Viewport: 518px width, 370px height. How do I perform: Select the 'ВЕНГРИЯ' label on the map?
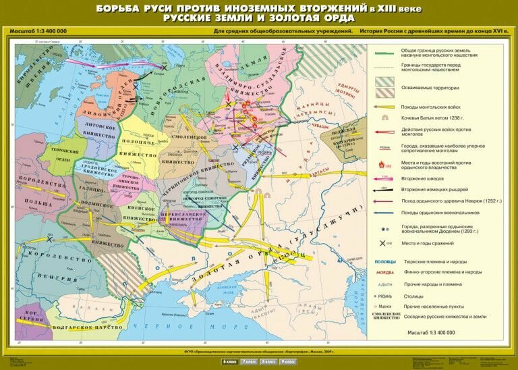coord(57,278)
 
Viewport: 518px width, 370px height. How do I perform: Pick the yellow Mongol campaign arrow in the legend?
coord(384,106)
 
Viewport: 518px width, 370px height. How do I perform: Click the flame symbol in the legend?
coord(384,164)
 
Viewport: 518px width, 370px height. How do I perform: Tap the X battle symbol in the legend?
coord(384,242)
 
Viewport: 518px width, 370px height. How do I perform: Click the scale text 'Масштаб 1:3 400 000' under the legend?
coord(431,333)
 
